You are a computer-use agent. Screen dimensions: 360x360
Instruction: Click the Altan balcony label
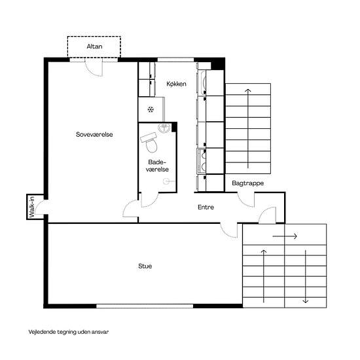[94, 46]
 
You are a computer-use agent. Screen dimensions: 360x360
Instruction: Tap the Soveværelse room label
[94, 134]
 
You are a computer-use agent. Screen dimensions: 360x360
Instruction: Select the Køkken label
[176, 84]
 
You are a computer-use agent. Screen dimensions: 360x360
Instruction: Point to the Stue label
[145, 266]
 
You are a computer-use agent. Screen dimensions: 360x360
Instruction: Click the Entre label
[206, 207]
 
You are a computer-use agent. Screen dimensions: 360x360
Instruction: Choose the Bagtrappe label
[247, 183]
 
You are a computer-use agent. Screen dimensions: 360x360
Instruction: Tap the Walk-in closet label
[31, 207]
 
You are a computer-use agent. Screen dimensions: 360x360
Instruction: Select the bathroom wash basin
[164, 128]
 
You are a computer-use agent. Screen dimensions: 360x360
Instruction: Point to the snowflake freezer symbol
[151, 109]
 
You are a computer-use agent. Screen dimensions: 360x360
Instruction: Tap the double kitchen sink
[202, 161]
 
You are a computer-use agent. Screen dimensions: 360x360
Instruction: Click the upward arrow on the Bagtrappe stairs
[248, 128]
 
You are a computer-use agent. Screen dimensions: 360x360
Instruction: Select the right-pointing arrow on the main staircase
[285, 236]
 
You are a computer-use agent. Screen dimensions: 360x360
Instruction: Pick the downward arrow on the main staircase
[306, 276]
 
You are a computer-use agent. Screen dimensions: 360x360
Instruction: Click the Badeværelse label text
[157, 166]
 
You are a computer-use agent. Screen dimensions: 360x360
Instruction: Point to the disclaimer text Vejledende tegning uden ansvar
[69, 332]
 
